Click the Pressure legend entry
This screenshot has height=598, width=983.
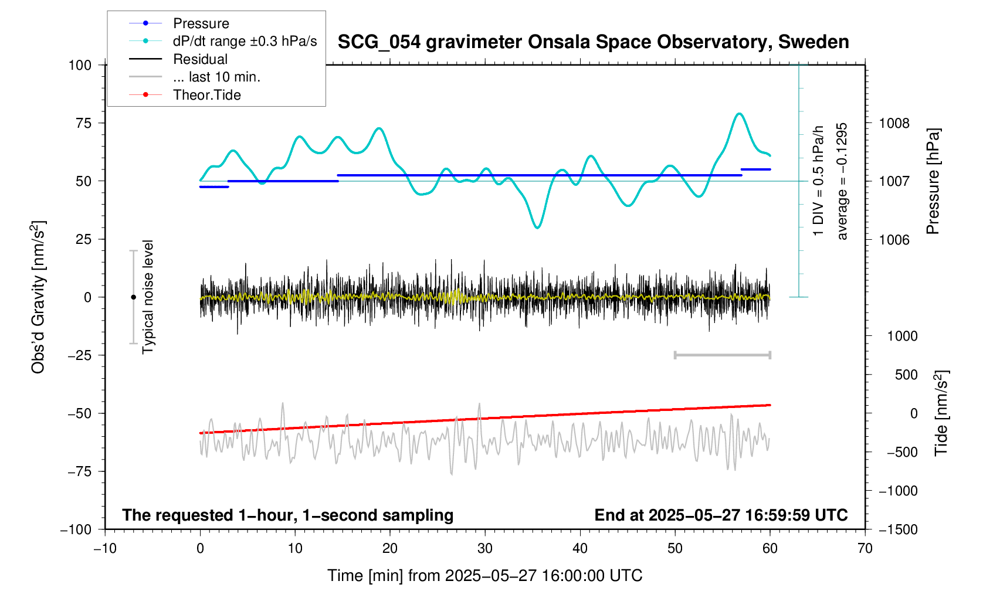point(201,23)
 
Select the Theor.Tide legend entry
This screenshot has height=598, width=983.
point(206,95)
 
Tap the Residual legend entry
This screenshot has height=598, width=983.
point(200,59)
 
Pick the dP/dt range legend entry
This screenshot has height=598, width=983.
point(245,41)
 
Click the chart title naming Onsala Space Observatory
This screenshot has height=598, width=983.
point(593,42)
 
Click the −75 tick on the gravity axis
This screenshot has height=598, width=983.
point(79,471)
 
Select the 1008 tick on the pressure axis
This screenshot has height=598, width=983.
point(894,123)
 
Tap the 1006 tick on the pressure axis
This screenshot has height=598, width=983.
point(894,240)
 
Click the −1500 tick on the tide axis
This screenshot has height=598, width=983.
point(898,529)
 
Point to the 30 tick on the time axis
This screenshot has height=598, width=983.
point(485,549)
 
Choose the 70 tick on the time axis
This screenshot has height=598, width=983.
point(865,549)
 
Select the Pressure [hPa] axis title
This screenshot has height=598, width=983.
point(933,181)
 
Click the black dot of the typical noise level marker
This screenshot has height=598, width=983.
point(133,297)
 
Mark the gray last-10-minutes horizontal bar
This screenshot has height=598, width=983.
point(722,355)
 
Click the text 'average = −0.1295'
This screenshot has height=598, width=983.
point(842,181)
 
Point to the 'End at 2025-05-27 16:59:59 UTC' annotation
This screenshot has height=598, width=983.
point(721,515)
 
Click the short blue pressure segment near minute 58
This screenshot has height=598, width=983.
point(755,169)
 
